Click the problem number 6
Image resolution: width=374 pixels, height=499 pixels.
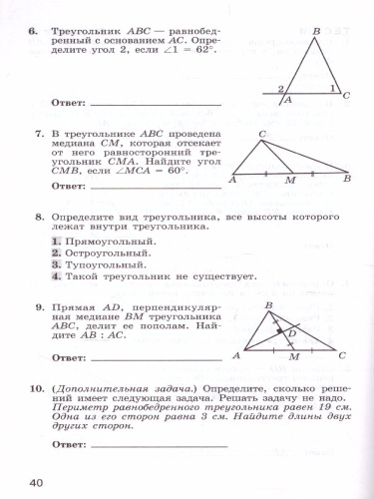(33, 32)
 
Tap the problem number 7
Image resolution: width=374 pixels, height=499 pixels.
(33, 132)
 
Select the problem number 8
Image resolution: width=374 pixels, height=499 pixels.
(33, 215)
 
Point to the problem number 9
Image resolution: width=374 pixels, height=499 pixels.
(33, 309)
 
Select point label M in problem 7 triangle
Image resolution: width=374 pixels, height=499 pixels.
(290, 182)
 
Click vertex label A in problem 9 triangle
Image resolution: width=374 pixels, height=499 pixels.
(235, 355)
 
